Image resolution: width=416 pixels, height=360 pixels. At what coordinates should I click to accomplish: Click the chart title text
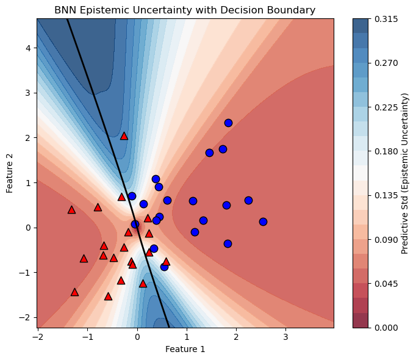tap(185, 10)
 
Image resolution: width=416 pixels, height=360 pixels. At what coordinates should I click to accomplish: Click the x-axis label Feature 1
tap(185, 349)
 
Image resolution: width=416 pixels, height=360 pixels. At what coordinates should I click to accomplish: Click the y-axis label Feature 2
tap(10, 173)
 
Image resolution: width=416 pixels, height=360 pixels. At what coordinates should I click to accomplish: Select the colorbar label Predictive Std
tap(405, 173)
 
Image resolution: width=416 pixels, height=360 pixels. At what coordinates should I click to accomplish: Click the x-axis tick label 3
tap(285, 336)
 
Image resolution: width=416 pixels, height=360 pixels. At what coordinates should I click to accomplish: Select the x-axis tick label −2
tap(38, 336)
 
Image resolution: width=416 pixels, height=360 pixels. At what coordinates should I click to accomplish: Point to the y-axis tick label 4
tap(27, 48)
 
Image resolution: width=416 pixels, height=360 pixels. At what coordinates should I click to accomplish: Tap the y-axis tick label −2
tap(25, 317)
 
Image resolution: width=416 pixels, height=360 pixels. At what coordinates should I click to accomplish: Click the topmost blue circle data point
tap(228, 123)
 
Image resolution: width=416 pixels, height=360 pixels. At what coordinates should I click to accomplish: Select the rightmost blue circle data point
tap(263, 221)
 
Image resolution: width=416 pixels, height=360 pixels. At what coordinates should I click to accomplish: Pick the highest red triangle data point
tap(124, 136)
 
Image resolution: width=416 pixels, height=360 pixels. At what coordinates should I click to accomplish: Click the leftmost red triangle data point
tap(71, 210)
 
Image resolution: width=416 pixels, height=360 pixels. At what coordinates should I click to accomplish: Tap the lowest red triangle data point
tap(108, 297)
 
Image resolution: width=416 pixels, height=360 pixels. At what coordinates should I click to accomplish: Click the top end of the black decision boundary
tap(67, 19)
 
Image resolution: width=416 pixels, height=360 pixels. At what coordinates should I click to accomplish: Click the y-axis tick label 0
tap(27, 228)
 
